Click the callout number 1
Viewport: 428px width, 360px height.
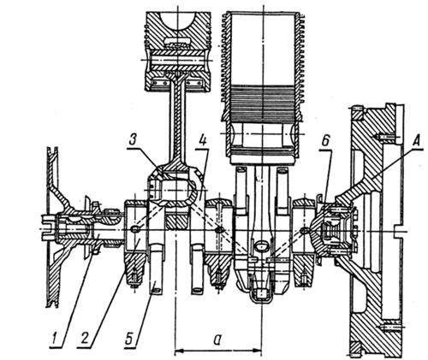58,339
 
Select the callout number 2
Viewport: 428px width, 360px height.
85,339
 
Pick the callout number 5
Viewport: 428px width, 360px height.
131,339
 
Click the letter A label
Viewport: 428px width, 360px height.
416,140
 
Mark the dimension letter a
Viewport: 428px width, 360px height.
217,339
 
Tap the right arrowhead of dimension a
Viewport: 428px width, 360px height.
258,351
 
